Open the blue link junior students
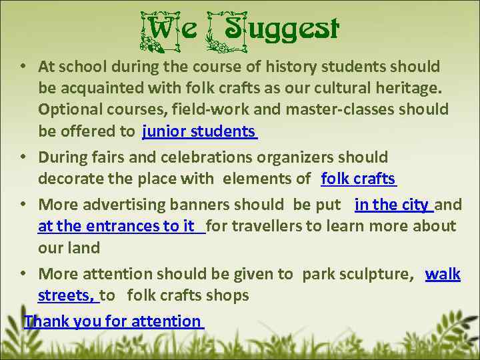pyautogui.click(x=199, y=131)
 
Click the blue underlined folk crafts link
pyautogui.click(x=359, y=178)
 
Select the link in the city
pyautogui.click(x=392, y=205)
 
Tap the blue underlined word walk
pyautogui.click(x=443, y=274)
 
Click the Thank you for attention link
pyautogui.click(x=112, y=321)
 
